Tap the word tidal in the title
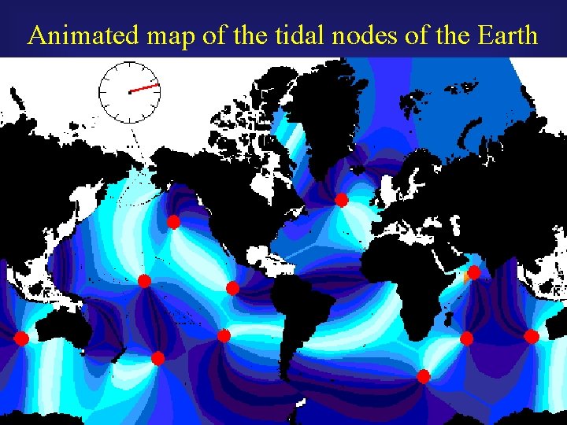click(x=264, y=35)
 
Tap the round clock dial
click(x=129, y=92)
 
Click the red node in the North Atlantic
click(x=341, y=200)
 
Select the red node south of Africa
click(x=423, y=376)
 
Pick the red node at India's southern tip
click(x=473, y=273)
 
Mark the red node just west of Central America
click(x=232, y=288)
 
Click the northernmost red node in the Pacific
click(x=173, y=222)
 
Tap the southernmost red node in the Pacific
click(x=157, y=358)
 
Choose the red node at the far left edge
click(x=21, y=338)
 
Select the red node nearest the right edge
click(x=532, y=337)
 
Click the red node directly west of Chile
click(x=224, y=336)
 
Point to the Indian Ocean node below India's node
click(x=466, y=338)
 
